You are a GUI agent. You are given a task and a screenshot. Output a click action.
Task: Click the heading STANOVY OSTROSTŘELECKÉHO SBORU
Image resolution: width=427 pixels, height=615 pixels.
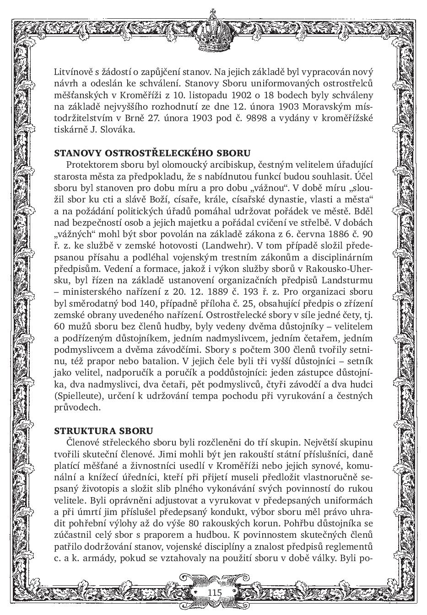pos(152,153)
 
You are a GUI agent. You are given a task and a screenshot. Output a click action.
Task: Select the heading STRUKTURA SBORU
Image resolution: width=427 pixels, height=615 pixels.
pos(103,431)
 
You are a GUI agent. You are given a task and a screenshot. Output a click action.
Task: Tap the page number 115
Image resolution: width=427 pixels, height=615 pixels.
pos(214,592)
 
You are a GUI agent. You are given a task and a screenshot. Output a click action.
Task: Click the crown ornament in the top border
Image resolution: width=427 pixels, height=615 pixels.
pos(214,30)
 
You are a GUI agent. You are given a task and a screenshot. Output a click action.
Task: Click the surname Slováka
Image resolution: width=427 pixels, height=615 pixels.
pos(119,130)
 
